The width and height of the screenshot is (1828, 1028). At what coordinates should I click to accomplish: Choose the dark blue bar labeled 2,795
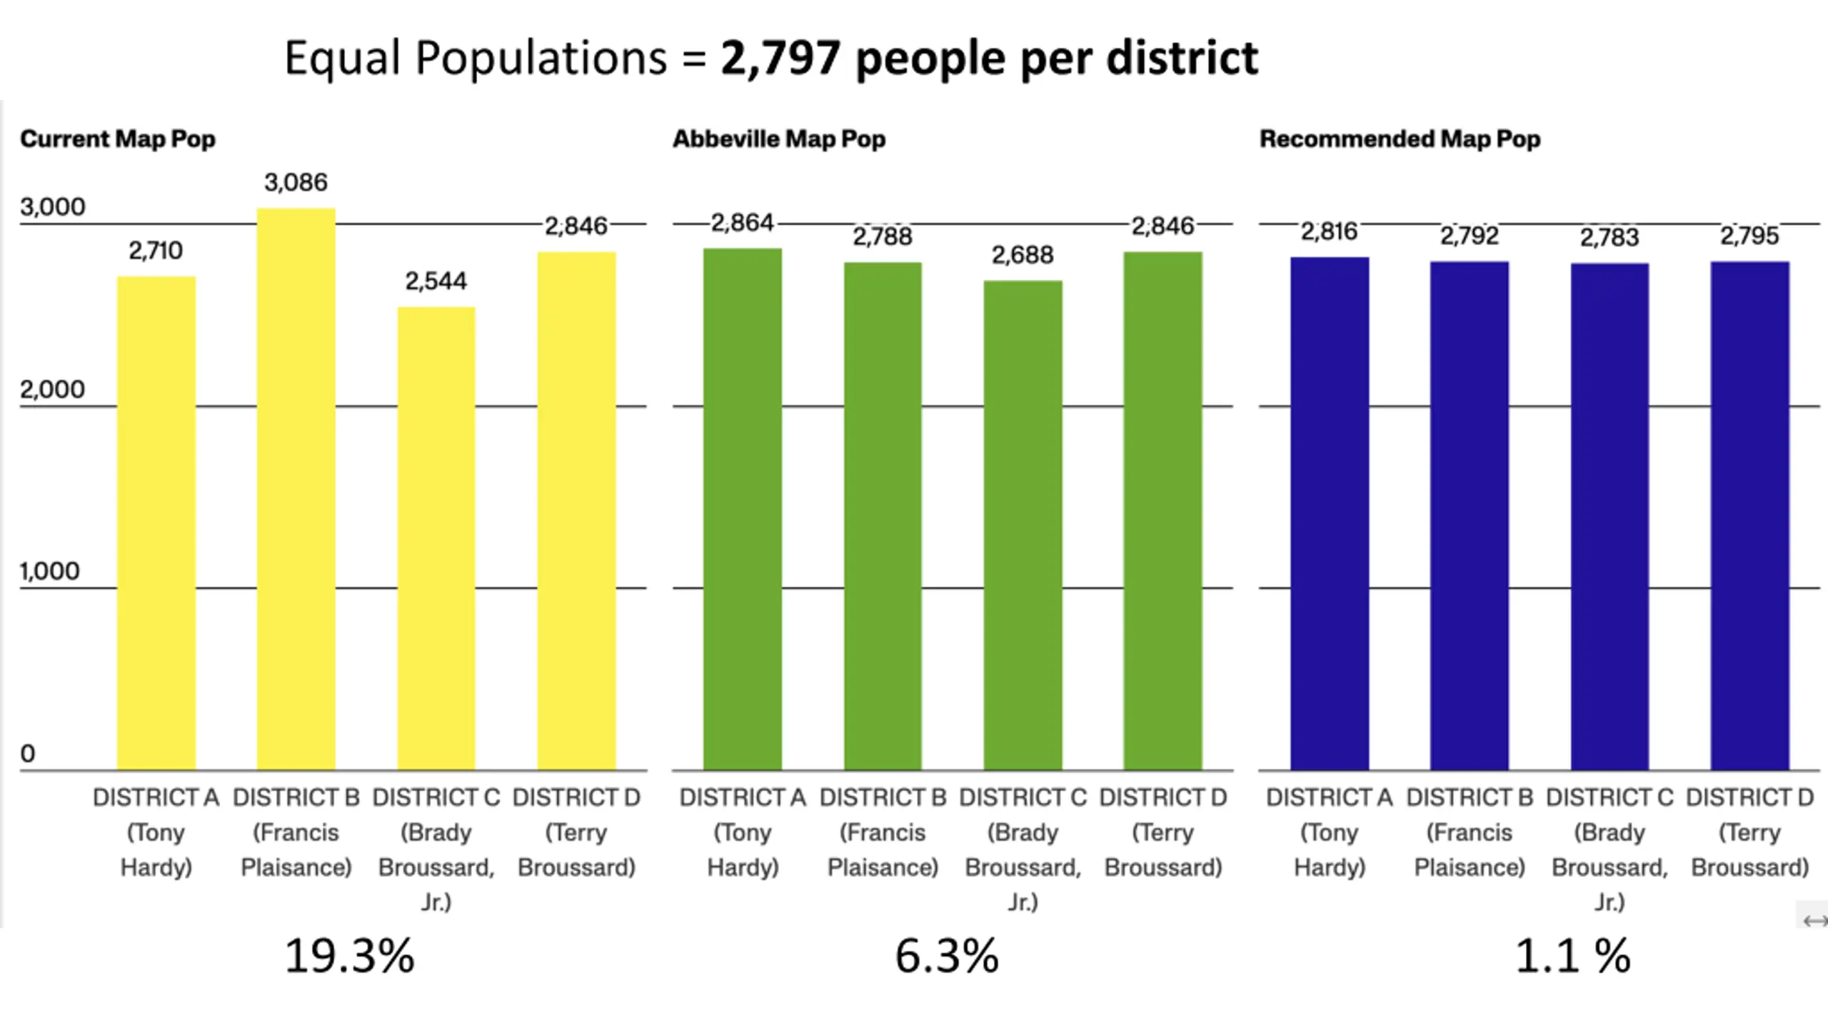(1749, 515)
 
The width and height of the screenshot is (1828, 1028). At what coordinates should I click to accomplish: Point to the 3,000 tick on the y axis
(52, 207)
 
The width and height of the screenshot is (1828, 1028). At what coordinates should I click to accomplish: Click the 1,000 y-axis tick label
(49, 571)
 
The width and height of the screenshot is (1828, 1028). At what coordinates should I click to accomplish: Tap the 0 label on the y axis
(28, 753)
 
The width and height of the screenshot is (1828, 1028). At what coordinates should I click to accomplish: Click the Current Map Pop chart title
(118, 138)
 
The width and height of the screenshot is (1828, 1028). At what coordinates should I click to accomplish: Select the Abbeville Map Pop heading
(778, 138)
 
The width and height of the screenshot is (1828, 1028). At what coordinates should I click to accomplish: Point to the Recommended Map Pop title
(1400, 138)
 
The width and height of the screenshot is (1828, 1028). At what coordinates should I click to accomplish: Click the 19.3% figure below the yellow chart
(349, 956)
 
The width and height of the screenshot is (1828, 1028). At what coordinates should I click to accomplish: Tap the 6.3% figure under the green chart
(946, 956)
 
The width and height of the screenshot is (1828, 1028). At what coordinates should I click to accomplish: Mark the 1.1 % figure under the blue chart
(1572, 956)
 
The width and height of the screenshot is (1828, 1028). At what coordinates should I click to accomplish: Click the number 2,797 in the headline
(780, 58)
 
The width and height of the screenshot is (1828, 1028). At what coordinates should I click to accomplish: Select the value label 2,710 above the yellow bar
(156, 251)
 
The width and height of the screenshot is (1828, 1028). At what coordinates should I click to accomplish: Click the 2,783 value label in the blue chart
(1609, 237)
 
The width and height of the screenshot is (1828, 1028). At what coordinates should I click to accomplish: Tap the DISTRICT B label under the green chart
(883, 797)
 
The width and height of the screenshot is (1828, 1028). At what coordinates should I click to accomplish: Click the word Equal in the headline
(342, 58)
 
